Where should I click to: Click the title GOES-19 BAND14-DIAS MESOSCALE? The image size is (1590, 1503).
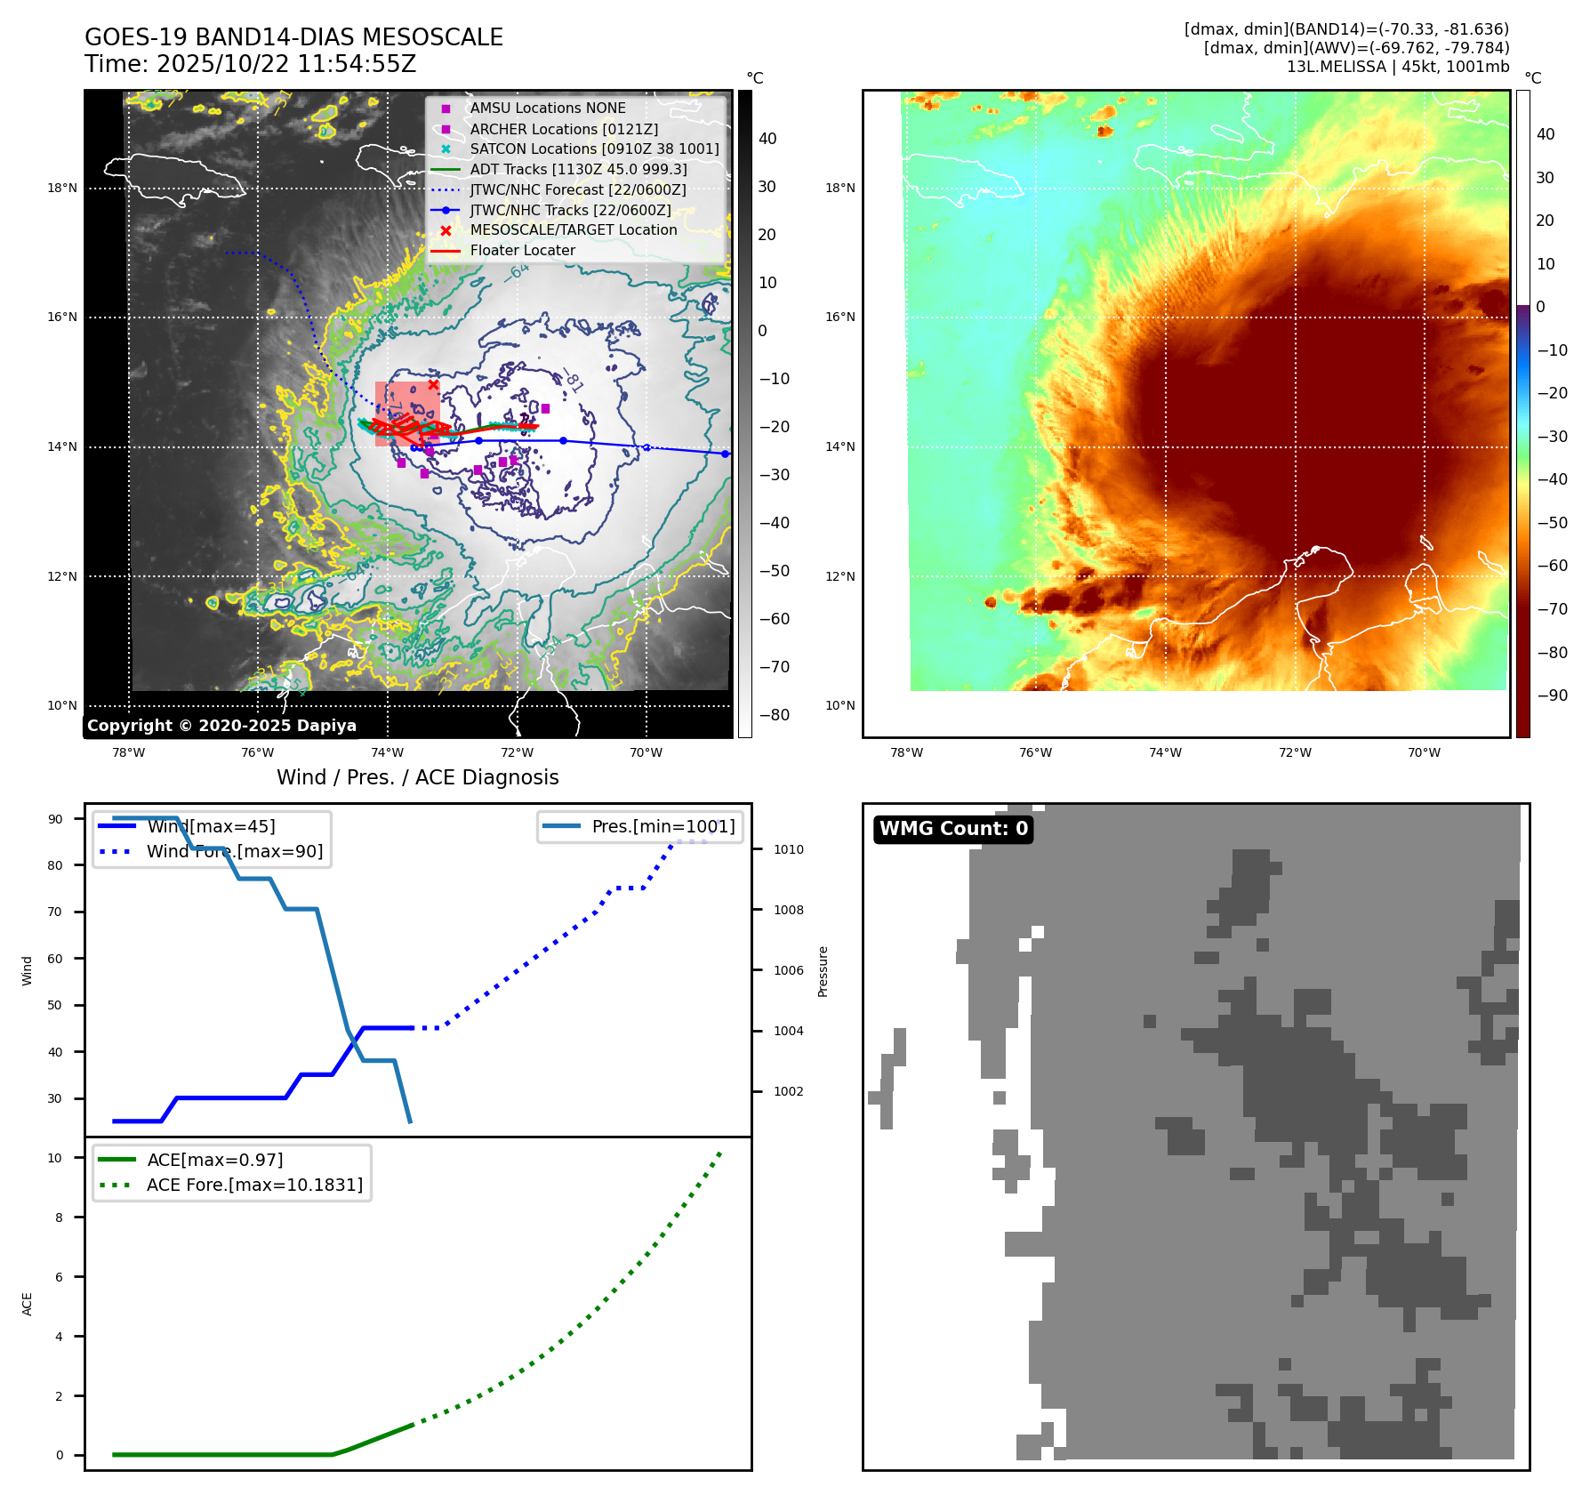point(293,37)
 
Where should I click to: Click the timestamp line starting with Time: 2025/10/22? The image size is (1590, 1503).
point(250,64)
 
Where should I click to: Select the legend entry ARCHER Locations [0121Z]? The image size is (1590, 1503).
point(564,129)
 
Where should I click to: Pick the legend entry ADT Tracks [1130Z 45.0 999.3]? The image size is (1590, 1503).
point(578,169)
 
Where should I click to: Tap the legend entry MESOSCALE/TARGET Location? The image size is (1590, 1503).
point(574,229)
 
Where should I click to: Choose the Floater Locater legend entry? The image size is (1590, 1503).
point(522,250)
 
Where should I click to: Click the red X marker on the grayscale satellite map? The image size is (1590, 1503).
point(433,385)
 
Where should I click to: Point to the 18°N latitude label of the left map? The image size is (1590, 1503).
point(62,188)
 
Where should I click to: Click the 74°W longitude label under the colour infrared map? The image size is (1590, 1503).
point(1165,752)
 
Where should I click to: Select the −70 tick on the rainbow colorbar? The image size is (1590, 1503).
point(1552,609)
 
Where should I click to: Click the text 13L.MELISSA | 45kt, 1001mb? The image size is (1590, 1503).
point(1397,67)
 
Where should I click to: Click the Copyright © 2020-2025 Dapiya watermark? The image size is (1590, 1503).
point(221,726)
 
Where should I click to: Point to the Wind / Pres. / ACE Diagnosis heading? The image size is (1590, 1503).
point(417,777)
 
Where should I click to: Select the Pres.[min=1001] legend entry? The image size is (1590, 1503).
point(662,826)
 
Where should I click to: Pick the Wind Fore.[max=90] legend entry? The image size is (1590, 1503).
point(234,851)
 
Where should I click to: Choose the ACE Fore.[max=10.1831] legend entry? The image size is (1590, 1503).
point(254,1185)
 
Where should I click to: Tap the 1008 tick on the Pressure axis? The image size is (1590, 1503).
point(788,910)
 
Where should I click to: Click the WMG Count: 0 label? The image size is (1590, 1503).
point(953,829)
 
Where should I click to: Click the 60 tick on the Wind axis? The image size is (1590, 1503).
point(55,959)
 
